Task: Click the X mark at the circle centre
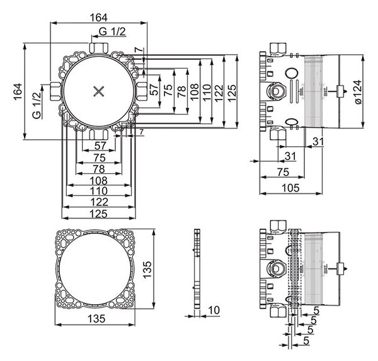pyautogui.click(x=99, y=91)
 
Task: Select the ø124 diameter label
pyautogui.click(x=358, y=91)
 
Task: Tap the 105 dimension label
pyautogui.click(x=290, y=188)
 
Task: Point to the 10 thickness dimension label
pyautogui.click(x=214, y=310)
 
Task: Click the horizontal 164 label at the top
pyautogui.click(x=99, y=18)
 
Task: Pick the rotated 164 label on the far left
pyautogui.click(x=18, y=91)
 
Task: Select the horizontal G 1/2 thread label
pyautogui.click(x=112, y=32)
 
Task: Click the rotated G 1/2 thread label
pyautogui.click(x=37, y=106)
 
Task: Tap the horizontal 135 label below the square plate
pyautogui.click(x=96, y=319)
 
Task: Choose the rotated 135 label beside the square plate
pyautogui.click(x=147, y=270)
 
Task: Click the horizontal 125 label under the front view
pyautogui.click(x=99, y=214)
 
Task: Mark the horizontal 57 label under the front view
pyautogui.click(x=100, y=146)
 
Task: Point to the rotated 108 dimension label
pyautogui.click(x=194, y=91)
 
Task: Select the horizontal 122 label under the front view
pyautogui.click(x=99, y=202)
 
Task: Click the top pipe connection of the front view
pyautogui.click(x=99, y=48)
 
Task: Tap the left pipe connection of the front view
pyautogui.click(x=55, y=91)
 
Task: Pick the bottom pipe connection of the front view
pyautogui.click(x=98, y=134)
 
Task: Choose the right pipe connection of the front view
pyautogui.click(x=142, y=91)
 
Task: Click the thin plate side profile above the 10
pyautogui.click(x=197, y=268)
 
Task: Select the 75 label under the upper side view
pyautogui.click(x=283, y=172)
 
